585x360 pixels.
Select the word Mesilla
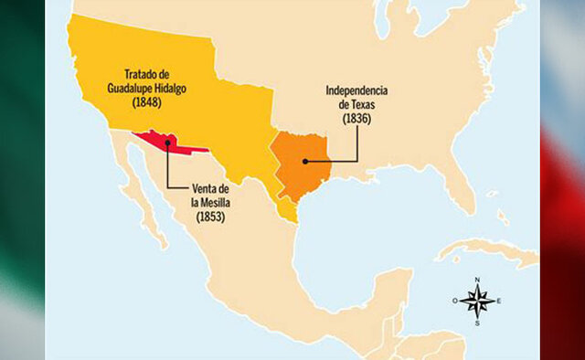(x=217, y=203)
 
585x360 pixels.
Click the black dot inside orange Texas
(x=304, y=162)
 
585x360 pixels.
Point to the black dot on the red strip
(x=167, y=143)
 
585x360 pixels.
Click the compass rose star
(x=475, y=300)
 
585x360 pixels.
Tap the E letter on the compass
(x=499, y=300)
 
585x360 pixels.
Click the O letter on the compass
(x=454, y=300)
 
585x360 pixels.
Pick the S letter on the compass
(x=476, y=322)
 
